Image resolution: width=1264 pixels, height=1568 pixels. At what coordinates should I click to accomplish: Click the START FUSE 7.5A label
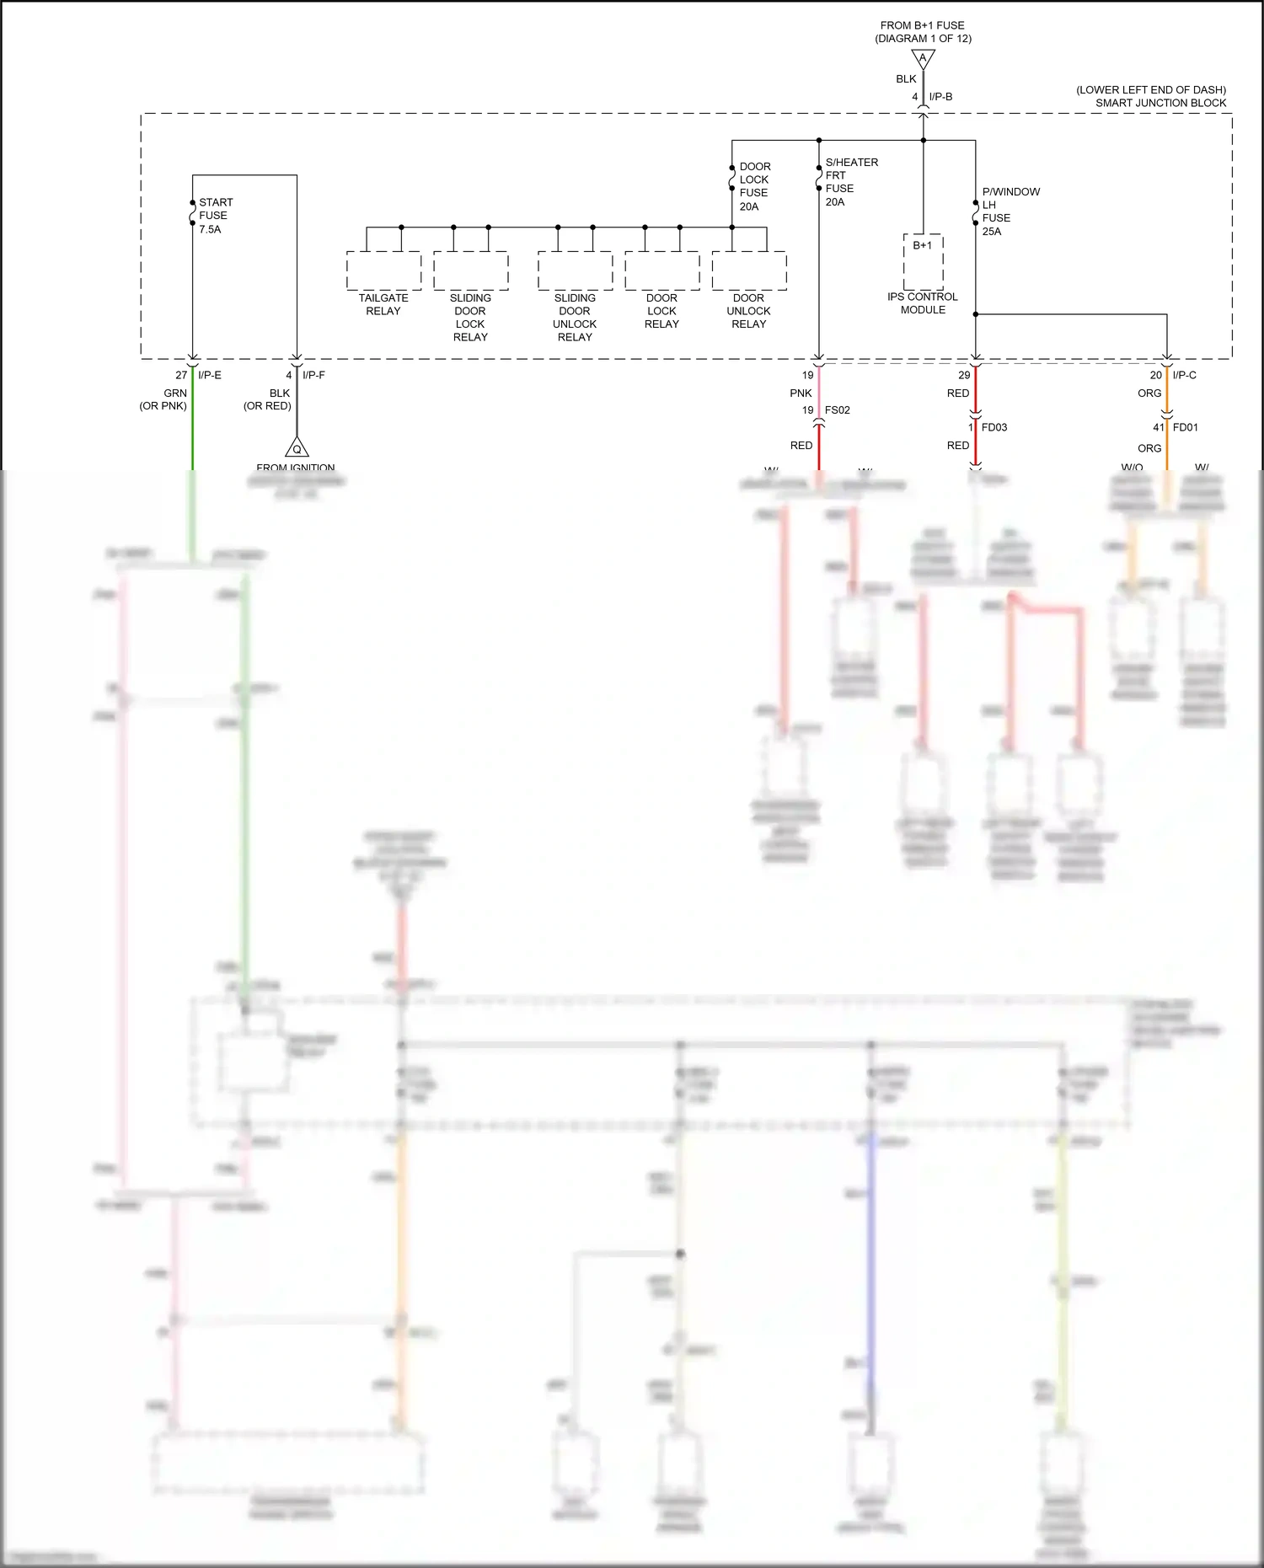pyautogui.click(x=215, y=216)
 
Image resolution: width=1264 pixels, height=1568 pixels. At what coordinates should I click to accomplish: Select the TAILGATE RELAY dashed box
pyautogui.click(x=383, y=270)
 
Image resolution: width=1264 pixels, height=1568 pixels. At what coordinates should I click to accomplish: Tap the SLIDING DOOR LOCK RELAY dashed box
pyautogui.click(x=470, y=270)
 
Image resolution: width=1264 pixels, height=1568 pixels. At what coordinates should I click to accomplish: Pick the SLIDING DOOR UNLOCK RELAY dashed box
pyautogui.click(x=575, y=270)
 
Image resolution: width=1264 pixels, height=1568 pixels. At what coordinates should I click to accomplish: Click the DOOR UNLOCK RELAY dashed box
pyautogui.click(x=748, y=270)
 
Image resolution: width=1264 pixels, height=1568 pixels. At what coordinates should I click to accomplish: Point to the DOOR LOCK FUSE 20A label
pyautogui.click(x=753, y=186)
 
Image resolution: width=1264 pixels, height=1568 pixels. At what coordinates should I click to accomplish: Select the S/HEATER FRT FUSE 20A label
pyautogui.click(x=850, y=182)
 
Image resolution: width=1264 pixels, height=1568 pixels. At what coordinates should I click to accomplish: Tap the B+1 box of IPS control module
pyautogui.click(x=923, y=262)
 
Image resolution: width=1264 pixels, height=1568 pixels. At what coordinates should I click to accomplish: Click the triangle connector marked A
pyautogui.click(x=923, y=59)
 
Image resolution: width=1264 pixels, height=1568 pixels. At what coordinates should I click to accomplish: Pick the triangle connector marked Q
pyautogui.click(x=297, y=447)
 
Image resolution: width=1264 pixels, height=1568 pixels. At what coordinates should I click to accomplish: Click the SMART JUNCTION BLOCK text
pyautogui.click(x=1160, y=103)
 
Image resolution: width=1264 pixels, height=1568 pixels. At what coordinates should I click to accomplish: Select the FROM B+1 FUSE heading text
pyautogui.click(x=922, y=25)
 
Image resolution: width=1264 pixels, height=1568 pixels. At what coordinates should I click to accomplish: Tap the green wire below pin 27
pyautogui.click(x=192, y=421)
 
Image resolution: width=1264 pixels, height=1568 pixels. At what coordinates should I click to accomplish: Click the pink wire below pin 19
pyautogui.click(x=818, y=392)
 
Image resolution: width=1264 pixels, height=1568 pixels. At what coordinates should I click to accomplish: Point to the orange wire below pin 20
pyautogui.click(x=1167, y=392)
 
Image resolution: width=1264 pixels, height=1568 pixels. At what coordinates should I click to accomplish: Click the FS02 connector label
pyautogui.click(x=837, y=410)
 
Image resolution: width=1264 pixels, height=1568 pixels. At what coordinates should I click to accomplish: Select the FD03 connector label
pyautogui.click(x=994, y=427)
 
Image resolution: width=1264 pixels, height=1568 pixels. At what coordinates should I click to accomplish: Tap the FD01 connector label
pyautogui.click(x=1185, y=427)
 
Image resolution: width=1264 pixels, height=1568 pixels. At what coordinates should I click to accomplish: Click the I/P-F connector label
pyautogui.click(x=313, y=375)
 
